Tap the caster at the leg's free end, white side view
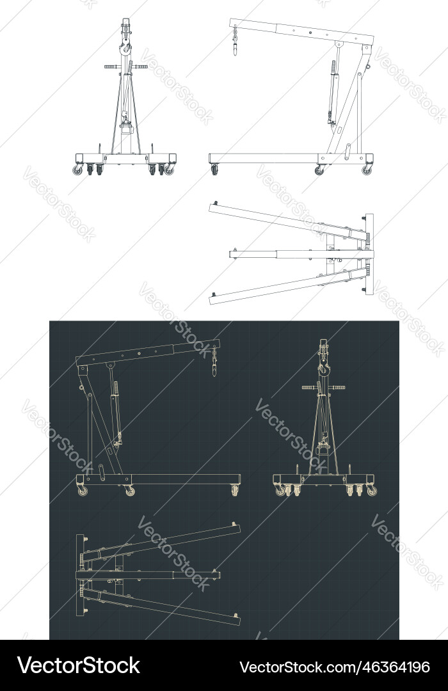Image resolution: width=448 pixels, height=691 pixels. (x=214, y=170)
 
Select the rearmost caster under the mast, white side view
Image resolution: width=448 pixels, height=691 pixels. (x=367, y=170)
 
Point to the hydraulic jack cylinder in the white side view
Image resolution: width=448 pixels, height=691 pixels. (x=332, y=90)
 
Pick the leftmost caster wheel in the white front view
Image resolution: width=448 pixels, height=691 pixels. (x=78, y=170)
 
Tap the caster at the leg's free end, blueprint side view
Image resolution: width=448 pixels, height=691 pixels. (x=234, y=490)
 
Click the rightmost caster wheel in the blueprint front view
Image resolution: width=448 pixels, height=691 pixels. (x=371, y=491)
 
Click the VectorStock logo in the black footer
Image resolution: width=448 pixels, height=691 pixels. (x=78, y=665)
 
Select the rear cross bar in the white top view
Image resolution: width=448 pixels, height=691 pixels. (x=369, y=254)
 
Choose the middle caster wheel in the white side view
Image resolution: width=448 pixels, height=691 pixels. (x=319, y=170)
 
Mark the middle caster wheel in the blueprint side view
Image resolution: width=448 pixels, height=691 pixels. (x=130, y=491)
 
